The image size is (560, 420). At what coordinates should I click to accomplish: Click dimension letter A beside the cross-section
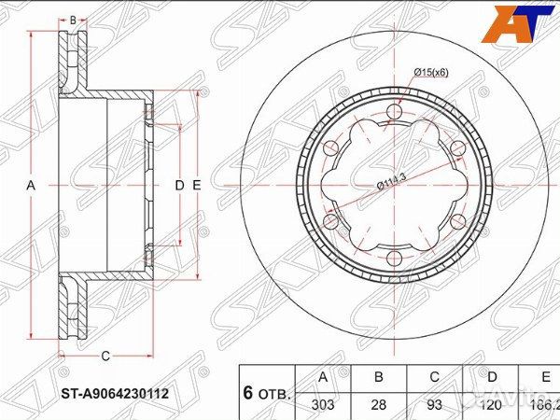click(x=31, y=186)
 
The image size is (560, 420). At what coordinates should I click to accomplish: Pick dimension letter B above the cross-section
click(x=73, y=19)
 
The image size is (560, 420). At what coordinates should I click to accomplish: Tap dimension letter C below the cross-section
click(x=105, y=355)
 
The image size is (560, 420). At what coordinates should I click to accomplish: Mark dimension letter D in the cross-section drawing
click(x=179, y=186)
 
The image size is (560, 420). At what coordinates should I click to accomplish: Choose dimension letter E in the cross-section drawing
click(x=196, y=186)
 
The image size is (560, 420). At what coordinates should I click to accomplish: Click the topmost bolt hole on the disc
click(x=392, y=116)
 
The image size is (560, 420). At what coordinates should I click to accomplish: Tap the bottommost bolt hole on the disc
click(x=392, y=257)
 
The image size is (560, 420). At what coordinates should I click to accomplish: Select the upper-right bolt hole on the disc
click(x=455, y=150)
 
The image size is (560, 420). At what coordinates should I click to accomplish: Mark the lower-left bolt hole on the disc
click(x=330, y=221)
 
